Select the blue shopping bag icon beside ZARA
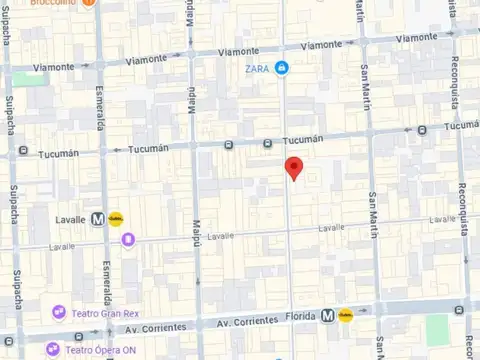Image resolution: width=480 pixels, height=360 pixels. coord(283,68)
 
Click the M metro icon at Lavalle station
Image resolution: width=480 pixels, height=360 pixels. coord(98,217)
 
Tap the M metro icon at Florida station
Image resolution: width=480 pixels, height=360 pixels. coord(328,315)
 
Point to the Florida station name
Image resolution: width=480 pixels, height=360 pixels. coord(301,315)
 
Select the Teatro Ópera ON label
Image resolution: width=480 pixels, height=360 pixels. coord(100,350)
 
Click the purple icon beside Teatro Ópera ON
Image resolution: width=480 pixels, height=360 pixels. coord(52,350)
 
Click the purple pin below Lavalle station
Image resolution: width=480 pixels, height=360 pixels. coord(128,238)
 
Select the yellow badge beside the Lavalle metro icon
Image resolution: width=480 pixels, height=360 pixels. coord(116,217)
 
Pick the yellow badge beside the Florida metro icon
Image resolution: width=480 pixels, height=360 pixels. coord(346,315)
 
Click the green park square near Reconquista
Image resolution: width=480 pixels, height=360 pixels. coord(437,328)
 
